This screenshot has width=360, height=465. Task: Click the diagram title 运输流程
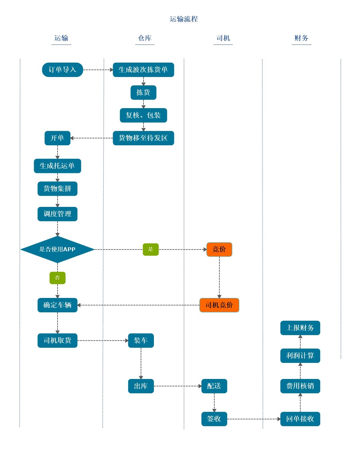coord(184,19)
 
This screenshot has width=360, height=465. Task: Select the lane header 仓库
coord(145,38)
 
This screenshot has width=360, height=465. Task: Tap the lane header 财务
coord(301,38)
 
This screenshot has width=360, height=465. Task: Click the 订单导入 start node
coord(63,70)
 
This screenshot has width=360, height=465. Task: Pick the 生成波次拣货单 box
coord(143,70)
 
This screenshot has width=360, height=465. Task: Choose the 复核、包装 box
coord(143,115)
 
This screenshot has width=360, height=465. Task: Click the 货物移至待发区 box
coord(143,138)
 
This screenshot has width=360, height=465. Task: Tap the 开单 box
coord(57,138)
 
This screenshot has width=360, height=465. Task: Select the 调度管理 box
coord(57,214)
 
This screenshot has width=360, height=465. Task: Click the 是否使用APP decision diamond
coord(57,249)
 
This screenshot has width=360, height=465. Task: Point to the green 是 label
coord(151,249)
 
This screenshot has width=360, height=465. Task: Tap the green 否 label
coord(57,278)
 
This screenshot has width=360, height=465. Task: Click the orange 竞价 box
coord(219,249)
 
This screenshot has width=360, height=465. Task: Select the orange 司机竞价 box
coord(219,305)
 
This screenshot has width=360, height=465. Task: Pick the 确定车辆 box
coord(57,305)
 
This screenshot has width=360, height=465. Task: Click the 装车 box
coord(141,340)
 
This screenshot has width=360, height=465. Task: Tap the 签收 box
coord(214,419)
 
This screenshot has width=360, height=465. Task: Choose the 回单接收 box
coord(300,419)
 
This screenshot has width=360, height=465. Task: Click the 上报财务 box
coord(300,328)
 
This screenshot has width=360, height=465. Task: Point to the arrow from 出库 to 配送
coord(177,386)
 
